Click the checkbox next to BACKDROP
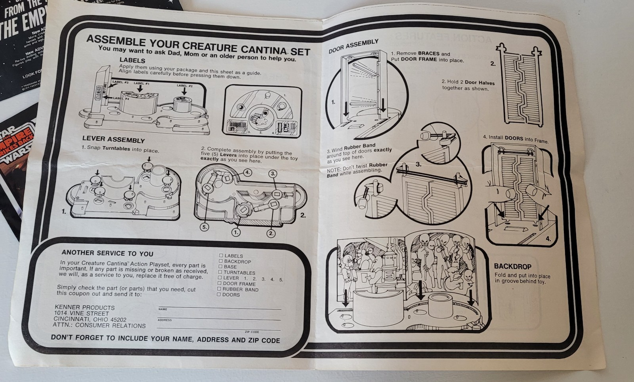(x=221, y=261)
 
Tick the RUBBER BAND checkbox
(x=219, y=289)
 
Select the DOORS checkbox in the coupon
(x=219, y=294)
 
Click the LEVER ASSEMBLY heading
(x=113, y=139)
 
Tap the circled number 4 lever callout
(x=247, y=172)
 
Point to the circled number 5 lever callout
(x=204, y=227)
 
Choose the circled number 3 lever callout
(x=273, y=174)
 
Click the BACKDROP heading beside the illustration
(x=512, y=267)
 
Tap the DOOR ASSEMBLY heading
(x=353, y=46)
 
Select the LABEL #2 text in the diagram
(x=184, y=86)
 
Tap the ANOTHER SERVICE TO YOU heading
(x=107, y=253)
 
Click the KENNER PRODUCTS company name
(x=84, y=308)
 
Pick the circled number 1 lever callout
(x=236, y=232)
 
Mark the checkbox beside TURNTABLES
(x=220, y=272)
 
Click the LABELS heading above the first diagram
(x=132, y=61)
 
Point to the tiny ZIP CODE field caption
(x=252, y=332)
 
